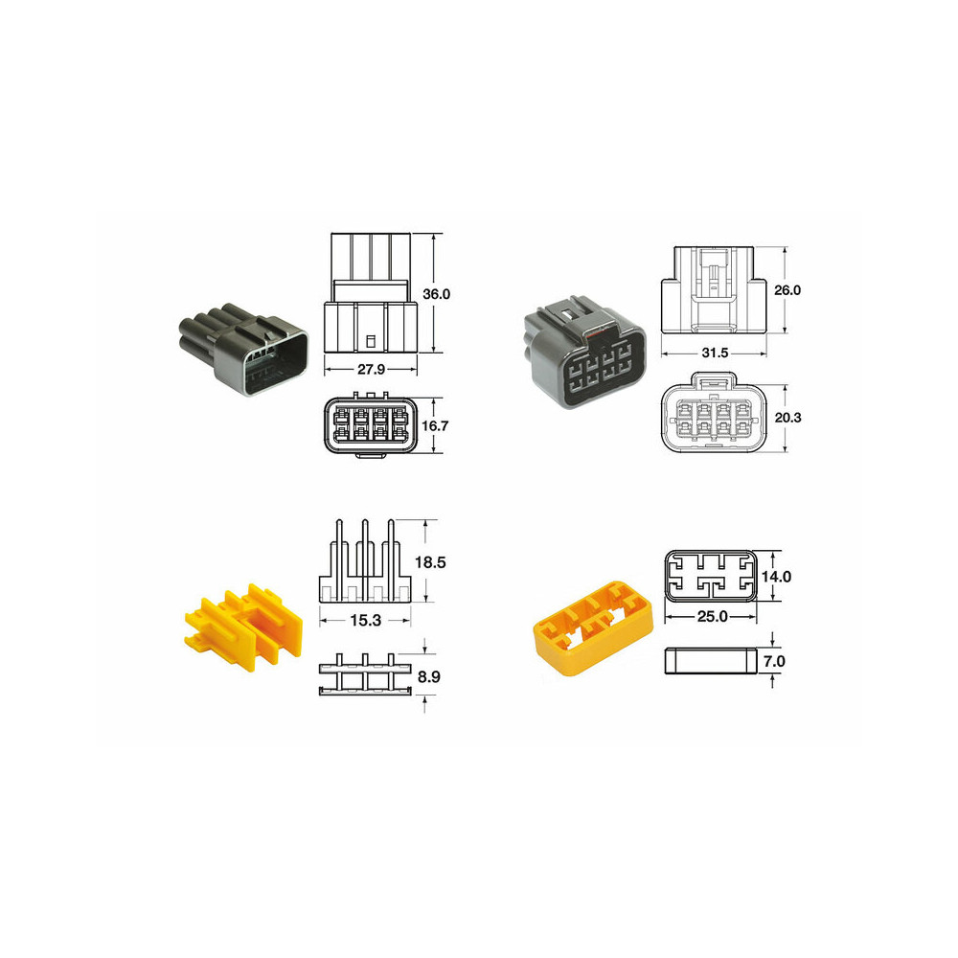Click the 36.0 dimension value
pos(436,294)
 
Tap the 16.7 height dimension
pos(437,425)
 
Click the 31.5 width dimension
pos(715,354)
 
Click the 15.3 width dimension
pos(365,621)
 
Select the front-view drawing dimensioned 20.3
pos(714,419)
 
